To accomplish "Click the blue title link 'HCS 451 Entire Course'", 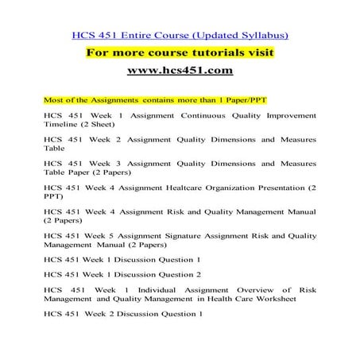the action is (127, 35).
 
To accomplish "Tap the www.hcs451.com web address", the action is (180, 72).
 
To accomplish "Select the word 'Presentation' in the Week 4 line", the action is (277, 189).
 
